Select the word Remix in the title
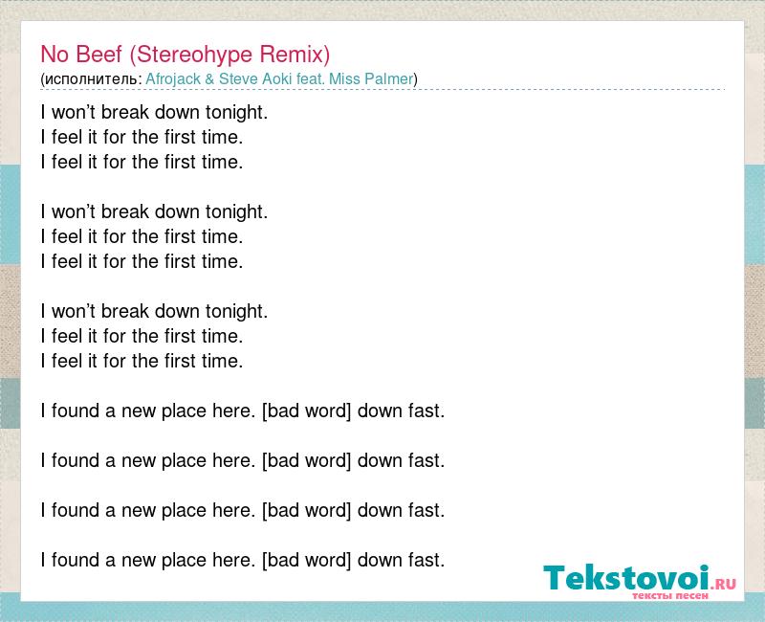(295, 55)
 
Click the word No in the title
(55, 54)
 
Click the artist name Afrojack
(173, 79)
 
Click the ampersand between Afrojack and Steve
(209, 79)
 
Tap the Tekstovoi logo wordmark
(626, 578)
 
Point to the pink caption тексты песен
(670, 595)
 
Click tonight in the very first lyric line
(236, 113)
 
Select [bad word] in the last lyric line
(306, 560)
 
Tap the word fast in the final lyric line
(426, 560)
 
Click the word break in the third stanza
(124, 311)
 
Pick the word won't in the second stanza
(74, 211)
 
